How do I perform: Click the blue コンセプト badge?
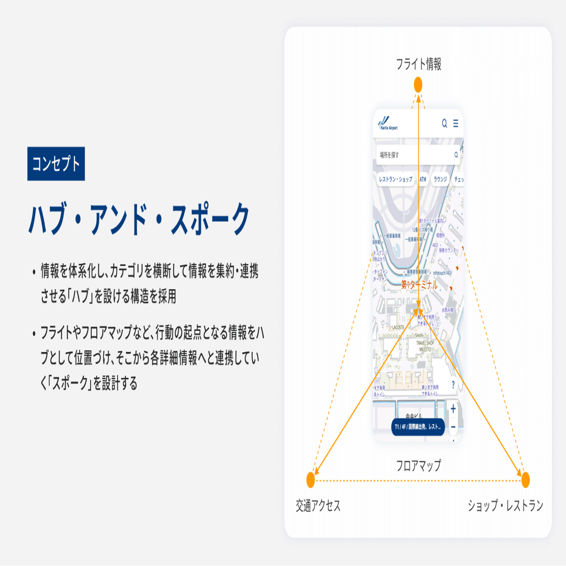pyautogui.click(x=56, y=163)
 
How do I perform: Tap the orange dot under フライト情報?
pyautogui.click(x=418, y=85)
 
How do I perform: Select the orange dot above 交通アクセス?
pyautogui.click(x=310, y=480)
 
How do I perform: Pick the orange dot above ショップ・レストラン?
pyautogui.click(x=525, y=480)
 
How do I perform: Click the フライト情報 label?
pyautogui.click(x=418, y=64)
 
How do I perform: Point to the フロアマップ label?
pyautogui.click(x=418, y=465)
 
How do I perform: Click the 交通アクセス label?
pyautogui.click(x=318, y=506)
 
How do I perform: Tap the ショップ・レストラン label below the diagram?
pyautogui.click(x=505, y=506)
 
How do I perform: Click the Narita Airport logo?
pyautogui.click(x=388, y=124)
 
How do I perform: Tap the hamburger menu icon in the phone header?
pyautogui.click(x=456, y=124)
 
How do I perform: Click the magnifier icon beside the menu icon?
pyautogui.click(x=444, y=124)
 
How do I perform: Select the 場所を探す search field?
pyautogui.click(x=416, y=155)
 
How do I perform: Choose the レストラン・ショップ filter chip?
pyautogui.click(x=395, y=179)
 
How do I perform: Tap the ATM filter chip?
pyautogui.click(x=423, y=179)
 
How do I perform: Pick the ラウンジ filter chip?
pyautogui.click(x=440, y=179)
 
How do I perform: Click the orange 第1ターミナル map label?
pyautogui.click(x=419, y=285)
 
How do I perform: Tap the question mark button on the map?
pyautogui.click(x=453, y=385)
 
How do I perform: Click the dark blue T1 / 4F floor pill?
pyautogui.click(x=418, y=427)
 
